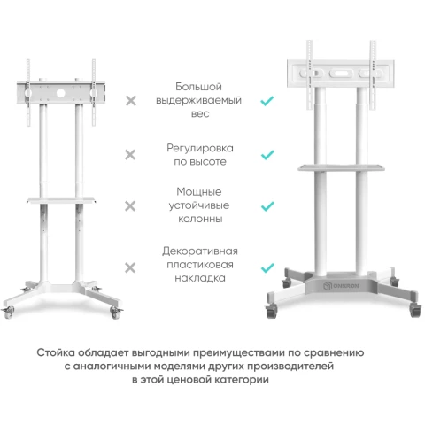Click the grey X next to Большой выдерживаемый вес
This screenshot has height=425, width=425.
tap(131, 101)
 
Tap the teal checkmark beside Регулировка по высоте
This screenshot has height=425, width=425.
tap(267, 155)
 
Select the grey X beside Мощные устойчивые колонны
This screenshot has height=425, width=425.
tap(130, 206)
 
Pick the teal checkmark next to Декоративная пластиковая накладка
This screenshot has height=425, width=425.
tap(267, 267)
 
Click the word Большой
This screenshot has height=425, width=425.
tap(198, 87)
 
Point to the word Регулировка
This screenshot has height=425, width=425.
tap(200, 148)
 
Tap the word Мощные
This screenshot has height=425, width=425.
tap(199, 192)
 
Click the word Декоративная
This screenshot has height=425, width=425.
tap(200, 251)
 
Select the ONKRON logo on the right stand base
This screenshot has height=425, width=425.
tap(341, 286)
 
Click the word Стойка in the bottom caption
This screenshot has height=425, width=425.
tap(56, 352)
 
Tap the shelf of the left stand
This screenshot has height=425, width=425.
tap(61, 201)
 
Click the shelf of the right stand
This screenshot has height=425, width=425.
tap(341, 168)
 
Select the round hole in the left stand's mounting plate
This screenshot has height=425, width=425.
tap(61, 93)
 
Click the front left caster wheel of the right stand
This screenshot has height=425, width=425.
tap(272, 311)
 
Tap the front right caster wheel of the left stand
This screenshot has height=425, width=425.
tap(115, 313)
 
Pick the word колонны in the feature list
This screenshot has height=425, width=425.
tap(200, 219)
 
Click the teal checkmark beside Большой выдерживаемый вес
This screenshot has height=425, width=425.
tap(267, 101)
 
